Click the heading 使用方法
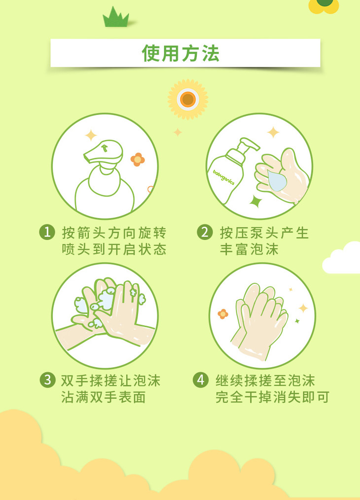pyautogui.click(x=180, y=53)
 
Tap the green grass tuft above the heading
pyautogui.click(x=116, y=17)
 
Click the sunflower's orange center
pyautogui.click(x=188, y=100)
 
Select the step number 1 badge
pyautogui.click(x=47, y=232)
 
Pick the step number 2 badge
pyautogui.click(x=205, y=232)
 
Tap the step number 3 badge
pyautogui.click(x=47, y=380)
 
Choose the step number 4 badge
pyautogui.click(x=201, y=380)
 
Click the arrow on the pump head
pyautogui.click(x=105, y=148)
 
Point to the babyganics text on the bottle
pyautogui.click(x=223, y=177)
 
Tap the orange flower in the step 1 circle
pyautogui.click(x=138, y=159)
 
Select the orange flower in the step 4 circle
pyautogui.click(x=223, y=314)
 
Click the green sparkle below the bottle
pyautogui.click(x=255, y=201)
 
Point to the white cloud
pyautogui.click(x=342, y=258)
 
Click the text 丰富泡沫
pyautogui.click(x=249, y=249)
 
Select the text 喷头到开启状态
pyautogui.click(x=114, y=249)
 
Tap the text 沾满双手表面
pyautogui.click(x=104, y=397)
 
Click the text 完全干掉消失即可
pyautogui.click(x=272, y=397)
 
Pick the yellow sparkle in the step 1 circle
pyautogui.click(x=91, y=135)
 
